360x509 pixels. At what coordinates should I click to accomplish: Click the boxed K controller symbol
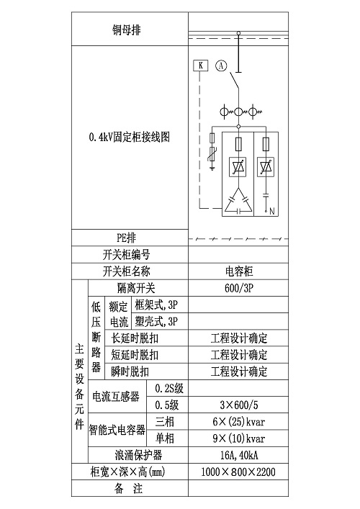point(201,66)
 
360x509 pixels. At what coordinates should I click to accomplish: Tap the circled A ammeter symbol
point(221,66)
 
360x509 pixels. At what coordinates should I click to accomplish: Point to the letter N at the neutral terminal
point(271,212)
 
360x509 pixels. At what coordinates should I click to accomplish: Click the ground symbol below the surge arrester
point(212,168)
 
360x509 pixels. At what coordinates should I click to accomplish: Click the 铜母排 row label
point(127,30)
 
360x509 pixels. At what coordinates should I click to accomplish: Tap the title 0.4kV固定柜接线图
point(129,137)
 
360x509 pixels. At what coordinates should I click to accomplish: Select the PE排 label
point(126,238)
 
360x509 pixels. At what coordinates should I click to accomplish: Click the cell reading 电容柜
point(239,271)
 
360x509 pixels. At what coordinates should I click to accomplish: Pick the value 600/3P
point(238,288)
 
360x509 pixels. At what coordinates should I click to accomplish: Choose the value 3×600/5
point(239,405)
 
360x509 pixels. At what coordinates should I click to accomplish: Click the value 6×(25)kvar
point(239,422)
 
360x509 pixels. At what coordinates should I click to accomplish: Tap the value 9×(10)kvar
point(239,438)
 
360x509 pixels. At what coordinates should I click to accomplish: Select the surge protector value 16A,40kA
point(239,455)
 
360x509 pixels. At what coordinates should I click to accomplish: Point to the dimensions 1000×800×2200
point(238,472)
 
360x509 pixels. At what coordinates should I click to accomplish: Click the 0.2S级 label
point(169,388)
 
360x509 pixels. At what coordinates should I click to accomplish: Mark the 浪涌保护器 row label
point(138,455)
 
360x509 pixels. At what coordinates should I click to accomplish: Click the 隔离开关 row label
point(136,288)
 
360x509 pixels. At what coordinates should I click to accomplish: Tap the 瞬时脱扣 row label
point(130,371)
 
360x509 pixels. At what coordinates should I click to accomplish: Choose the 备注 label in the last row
point(129,489)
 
